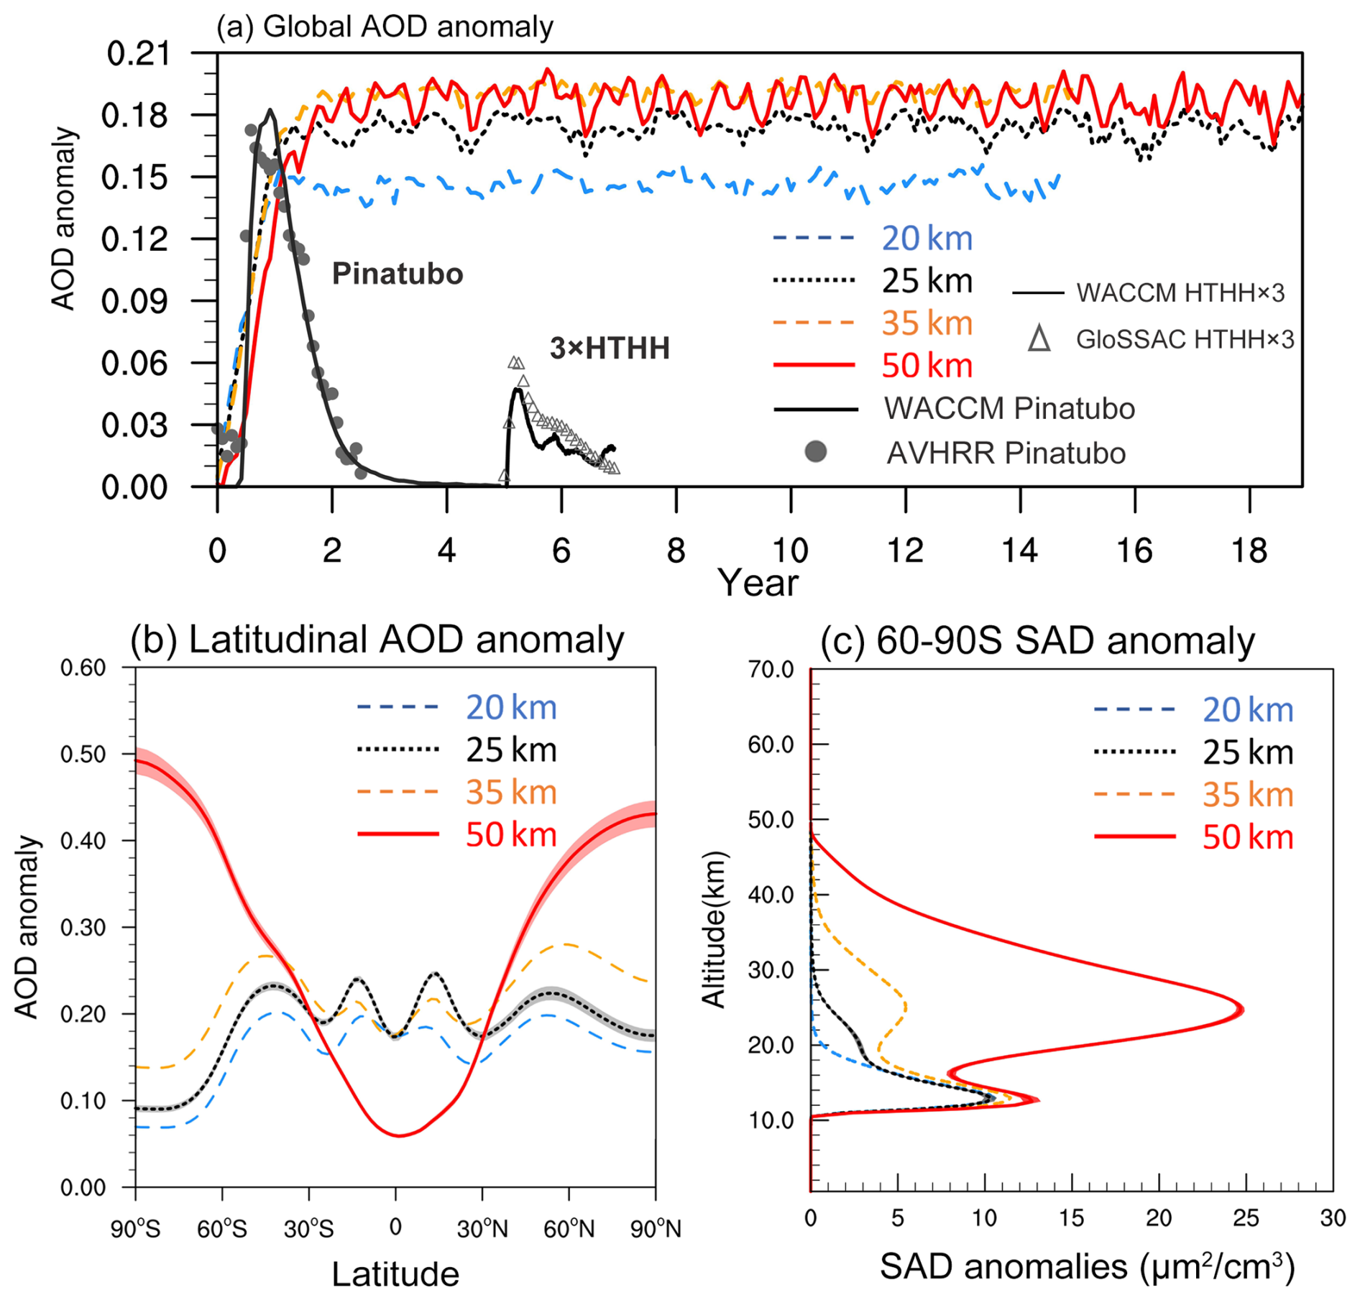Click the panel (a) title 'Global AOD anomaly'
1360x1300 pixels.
point(408,27)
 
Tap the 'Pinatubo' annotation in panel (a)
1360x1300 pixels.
point(397,274)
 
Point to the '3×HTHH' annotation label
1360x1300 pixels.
point(610,349)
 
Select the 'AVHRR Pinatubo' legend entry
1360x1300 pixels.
point(1005,453)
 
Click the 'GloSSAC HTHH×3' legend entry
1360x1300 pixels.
point(1184,338)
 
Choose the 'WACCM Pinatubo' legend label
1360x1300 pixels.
point(1008,409)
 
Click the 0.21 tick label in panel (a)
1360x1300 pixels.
point(138,54)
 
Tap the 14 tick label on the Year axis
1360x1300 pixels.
point(1019,551)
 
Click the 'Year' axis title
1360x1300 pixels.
point(758,583)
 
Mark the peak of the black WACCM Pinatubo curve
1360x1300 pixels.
point(270,111)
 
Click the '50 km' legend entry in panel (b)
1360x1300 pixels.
point(510,835)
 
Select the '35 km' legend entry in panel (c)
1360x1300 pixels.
point(1247,795)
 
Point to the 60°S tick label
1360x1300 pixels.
point(222,1230)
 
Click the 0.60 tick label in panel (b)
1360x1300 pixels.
point(83,668)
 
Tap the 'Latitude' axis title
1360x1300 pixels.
point(395,1274)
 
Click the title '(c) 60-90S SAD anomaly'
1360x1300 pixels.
point(1037,640)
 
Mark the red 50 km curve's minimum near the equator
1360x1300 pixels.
point(400,1135)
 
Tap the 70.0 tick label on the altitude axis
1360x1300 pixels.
point(771,670)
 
